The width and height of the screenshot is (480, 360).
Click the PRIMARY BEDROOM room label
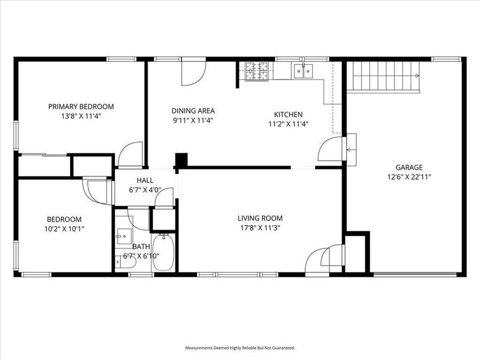coord(81,106)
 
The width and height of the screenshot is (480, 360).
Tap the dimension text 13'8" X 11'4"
coord(81,116)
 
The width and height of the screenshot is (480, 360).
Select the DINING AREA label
coord(193,111)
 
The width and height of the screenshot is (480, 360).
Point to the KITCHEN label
coord(288,114)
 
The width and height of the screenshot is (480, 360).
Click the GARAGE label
coord(409,166)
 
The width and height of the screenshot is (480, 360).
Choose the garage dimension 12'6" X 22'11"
coord(409,176)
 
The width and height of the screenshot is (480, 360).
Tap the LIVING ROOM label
coord(260,218)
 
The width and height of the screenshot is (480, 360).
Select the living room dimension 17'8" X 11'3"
coord(260,228)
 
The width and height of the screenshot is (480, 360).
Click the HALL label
coord(145,180)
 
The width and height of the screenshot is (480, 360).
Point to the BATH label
coord(141,246)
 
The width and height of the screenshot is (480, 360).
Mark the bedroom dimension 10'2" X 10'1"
coord(64,228)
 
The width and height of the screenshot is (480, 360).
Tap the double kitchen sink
coord(303,70)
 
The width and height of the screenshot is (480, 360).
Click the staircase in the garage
coord(383,76)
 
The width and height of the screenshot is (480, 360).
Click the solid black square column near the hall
coord(182,160)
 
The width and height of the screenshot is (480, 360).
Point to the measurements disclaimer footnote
coord(240,348)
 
